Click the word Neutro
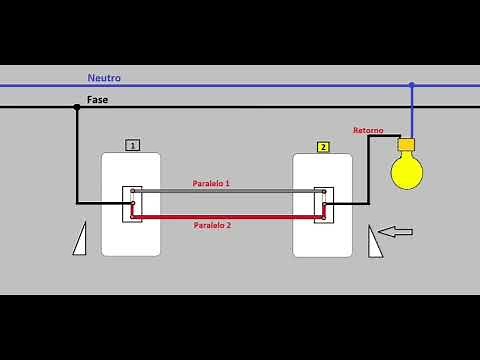tap(104, 77)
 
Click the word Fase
tap(97, 100)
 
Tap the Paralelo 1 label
tap(211, 183)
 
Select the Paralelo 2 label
tap(212, 226)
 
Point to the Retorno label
tap(368, 130)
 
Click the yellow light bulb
tap(406, 172)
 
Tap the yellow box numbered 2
tap(322, 147)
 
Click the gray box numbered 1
tap(132, 146)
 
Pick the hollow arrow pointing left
tap(395, 232)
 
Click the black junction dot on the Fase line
tap(76, 107)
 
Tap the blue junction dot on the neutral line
tap(411, 85)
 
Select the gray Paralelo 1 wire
tap(228, 191)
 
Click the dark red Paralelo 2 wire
tap(228, 216)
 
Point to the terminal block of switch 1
tap(131, 204)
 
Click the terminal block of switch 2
tap(323, 204)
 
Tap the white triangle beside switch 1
tap(80, 240)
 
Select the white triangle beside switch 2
tap(374, 242)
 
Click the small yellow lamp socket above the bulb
tap(406, 144)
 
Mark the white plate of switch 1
tap(131, 236)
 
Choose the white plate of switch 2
tap(322, 237)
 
